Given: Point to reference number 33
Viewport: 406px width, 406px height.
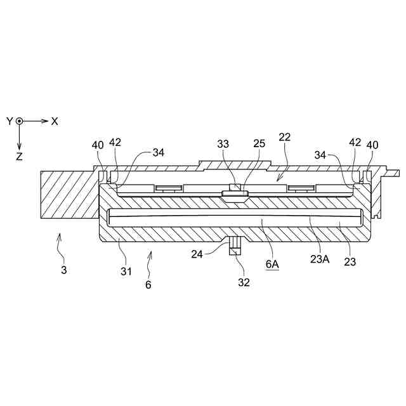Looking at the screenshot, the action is [223, 144].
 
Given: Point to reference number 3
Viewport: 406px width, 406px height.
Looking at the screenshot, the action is [63, 270].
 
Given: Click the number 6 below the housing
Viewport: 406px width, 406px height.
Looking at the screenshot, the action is [148, 285].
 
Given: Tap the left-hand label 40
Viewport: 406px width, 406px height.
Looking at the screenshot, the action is [98, 145].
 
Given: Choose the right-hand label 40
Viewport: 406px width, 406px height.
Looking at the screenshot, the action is [372, 145].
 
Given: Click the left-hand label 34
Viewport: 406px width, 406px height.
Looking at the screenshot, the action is [159, 152].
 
